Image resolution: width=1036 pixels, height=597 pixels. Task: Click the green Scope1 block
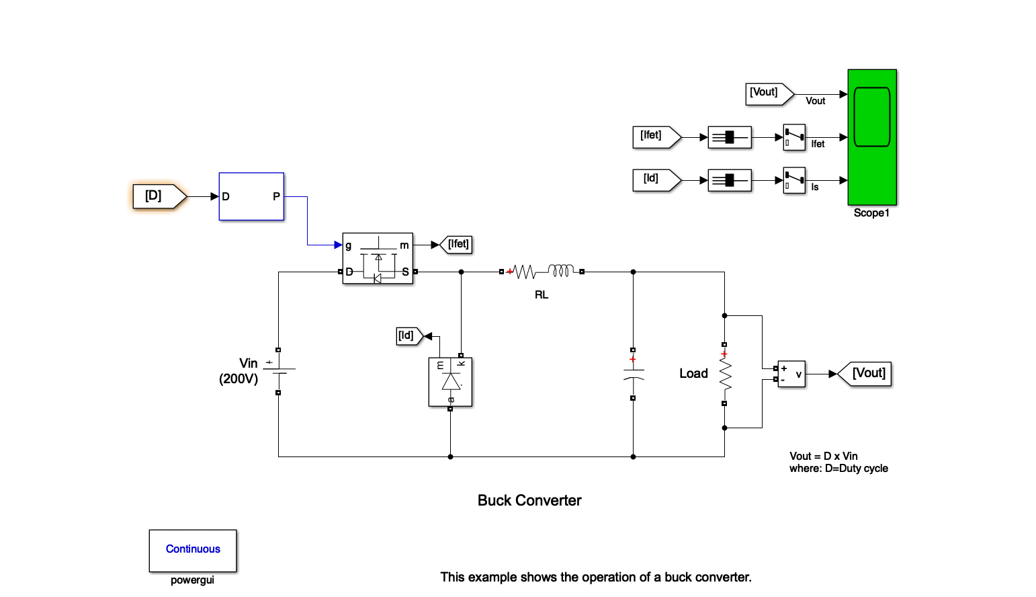872,137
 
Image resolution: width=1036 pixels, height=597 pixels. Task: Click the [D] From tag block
159,196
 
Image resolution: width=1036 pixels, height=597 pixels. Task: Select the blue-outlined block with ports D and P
251,196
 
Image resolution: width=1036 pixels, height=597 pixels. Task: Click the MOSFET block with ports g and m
378,258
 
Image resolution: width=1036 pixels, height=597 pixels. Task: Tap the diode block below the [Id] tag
450,382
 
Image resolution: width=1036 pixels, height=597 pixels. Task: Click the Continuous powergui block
193,550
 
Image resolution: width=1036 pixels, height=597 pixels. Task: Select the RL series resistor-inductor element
542,272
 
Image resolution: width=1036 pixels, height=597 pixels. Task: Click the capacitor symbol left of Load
633,374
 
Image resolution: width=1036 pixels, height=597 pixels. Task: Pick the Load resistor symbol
725,374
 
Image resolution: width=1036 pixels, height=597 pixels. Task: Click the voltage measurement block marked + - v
791,374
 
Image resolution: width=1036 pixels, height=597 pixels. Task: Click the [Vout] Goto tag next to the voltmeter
867,373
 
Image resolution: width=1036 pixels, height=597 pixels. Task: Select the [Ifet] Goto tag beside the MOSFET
457,245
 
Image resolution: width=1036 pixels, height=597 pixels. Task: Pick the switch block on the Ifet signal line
794,137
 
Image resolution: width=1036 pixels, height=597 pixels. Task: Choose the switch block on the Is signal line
794,180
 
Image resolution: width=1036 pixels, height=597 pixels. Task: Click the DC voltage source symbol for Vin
278,371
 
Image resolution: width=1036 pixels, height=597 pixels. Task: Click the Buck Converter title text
529,501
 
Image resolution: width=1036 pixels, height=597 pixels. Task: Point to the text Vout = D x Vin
824,456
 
